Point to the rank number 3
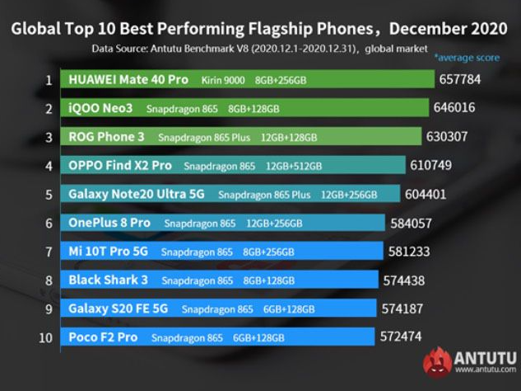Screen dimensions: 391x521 pyautogui.click(x=49, y=137)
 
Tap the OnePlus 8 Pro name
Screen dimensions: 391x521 pyautogui.click(x=109, y=223)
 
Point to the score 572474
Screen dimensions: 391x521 pyautogui.click(x=405, y=337)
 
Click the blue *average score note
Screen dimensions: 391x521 pyautogui.click(x=466, y=58)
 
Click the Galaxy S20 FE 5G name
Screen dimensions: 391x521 pyautogui.click(x=118, y=309)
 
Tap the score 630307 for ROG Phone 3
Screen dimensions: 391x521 pyautogui.click(x=451, y=137)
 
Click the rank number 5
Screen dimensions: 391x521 pyautogui.click(x=49, y=195)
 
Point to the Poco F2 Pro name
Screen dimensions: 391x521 pyautogui.click(x=103, y=337)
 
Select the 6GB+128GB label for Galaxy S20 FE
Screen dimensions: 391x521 pyautogui.click(x=288, y=309)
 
